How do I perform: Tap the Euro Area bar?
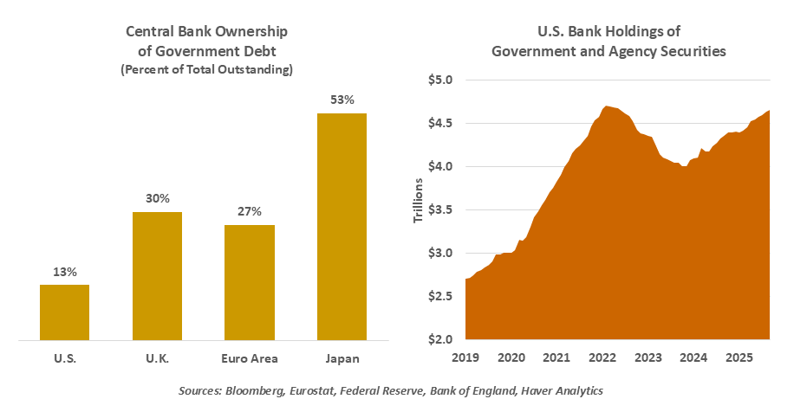pos(250,282)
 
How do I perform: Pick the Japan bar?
pos(342,226)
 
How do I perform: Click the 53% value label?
pos(342,100)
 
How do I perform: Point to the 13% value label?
pos(64,272)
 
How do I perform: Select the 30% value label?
pos(157,198)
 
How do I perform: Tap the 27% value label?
pos(250,211)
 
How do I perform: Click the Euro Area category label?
pos(250,357)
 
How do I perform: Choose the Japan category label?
pos(342,357)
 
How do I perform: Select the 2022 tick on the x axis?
pos(602,357)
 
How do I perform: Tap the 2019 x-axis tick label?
pos(466,357)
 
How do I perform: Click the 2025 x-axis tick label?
pos(739,357)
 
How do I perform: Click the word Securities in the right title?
pos(693,51)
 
